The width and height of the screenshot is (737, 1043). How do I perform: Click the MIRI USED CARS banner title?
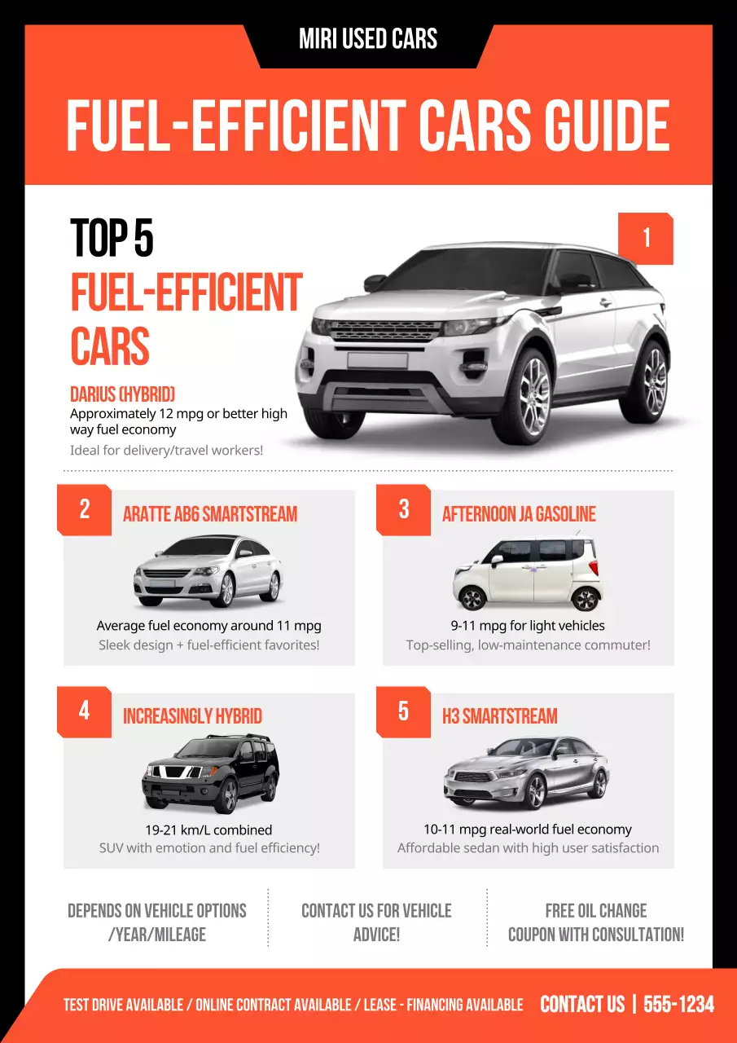[x=368, y=39]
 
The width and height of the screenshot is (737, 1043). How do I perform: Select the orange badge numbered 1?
[x=646, y=238]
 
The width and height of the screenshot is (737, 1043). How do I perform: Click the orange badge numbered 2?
[x=84, y=510]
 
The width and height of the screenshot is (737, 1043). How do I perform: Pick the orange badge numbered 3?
[x=403, y=510]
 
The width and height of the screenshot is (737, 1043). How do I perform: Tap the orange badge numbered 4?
[x=84, y=711]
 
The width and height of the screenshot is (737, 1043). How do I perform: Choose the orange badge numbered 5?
[x=403, y=711]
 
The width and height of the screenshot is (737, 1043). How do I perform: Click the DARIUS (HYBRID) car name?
[x=122, y=395]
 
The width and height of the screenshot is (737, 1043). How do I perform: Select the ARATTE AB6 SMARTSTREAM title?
[x=209, y=514]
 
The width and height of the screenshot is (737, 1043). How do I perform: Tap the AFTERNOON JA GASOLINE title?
[x=519, y=514]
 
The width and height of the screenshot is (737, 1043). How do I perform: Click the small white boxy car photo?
[x=528, y=573]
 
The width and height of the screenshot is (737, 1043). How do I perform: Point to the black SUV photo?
[x=210, y=773]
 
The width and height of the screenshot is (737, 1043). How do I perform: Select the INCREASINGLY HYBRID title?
[x=192, y=716]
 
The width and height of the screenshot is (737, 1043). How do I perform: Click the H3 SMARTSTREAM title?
[x=499, y=716]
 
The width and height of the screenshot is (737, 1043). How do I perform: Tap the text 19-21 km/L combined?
[x=208, y=830]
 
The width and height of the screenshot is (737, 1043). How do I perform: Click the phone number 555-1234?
[x=678, y=1005]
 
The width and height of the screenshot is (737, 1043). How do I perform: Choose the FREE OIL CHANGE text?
[x=595, y=911]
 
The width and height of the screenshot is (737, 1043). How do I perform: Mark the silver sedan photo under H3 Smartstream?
[x=527, y=772]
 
